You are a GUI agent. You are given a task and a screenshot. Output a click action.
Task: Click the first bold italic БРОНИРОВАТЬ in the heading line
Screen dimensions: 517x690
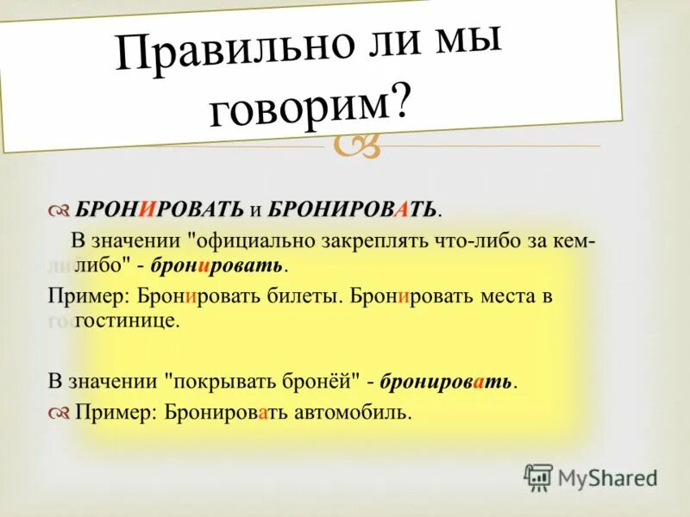click(x=160, y=209)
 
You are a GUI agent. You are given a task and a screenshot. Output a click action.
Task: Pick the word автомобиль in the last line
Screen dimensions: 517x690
click(x=354, y=413)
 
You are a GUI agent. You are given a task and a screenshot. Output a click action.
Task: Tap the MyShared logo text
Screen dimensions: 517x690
click(x=609, y=477)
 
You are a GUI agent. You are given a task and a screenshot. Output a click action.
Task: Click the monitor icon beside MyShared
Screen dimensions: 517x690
click(x=538, y=477)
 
